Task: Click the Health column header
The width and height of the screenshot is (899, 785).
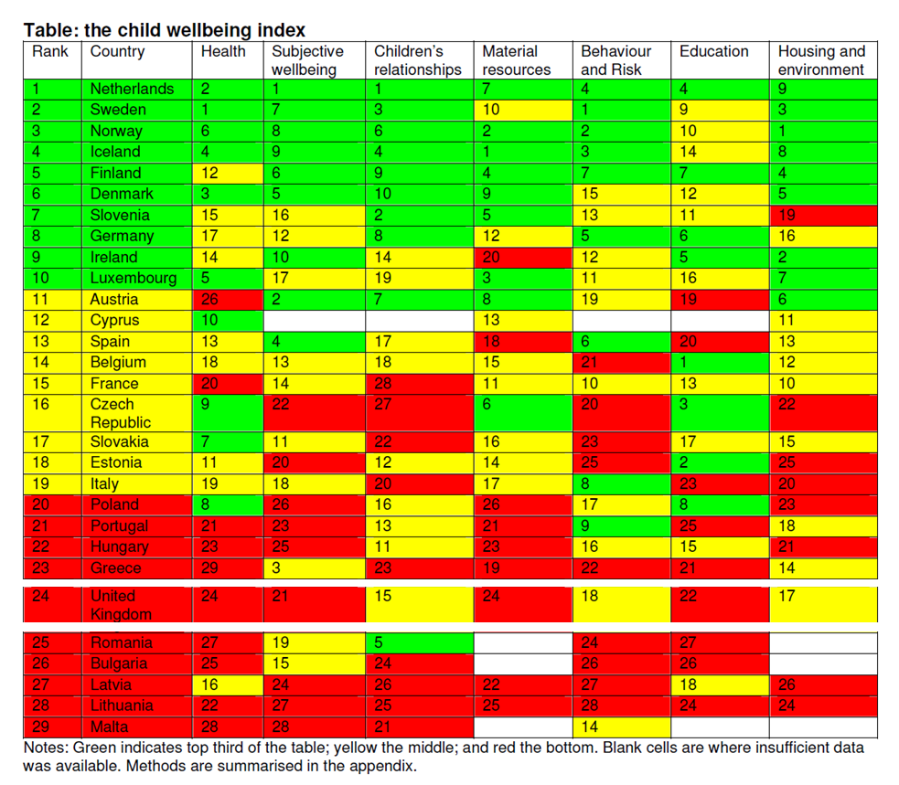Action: click(223, 52)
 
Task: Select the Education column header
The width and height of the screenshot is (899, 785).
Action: click(713, 52)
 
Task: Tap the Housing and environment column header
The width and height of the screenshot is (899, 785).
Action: click(820, 60)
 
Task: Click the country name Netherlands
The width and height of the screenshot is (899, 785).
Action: click(132, 89)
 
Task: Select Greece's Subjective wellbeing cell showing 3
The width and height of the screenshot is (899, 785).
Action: click(316, 568)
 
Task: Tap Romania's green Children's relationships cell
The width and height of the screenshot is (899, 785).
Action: click(420, 642)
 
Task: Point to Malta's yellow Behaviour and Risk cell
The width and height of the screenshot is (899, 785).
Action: click(622, 727)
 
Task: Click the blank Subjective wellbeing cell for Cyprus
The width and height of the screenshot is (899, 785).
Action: click(316, 320)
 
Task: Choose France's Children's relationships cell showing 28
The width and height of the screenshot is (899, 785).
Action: click(420, 383)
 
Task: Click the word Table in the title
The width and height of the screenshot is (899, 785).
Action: click(51, 30)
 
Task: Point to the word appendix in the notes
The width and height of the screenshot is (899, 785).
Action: click(383, 766)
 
